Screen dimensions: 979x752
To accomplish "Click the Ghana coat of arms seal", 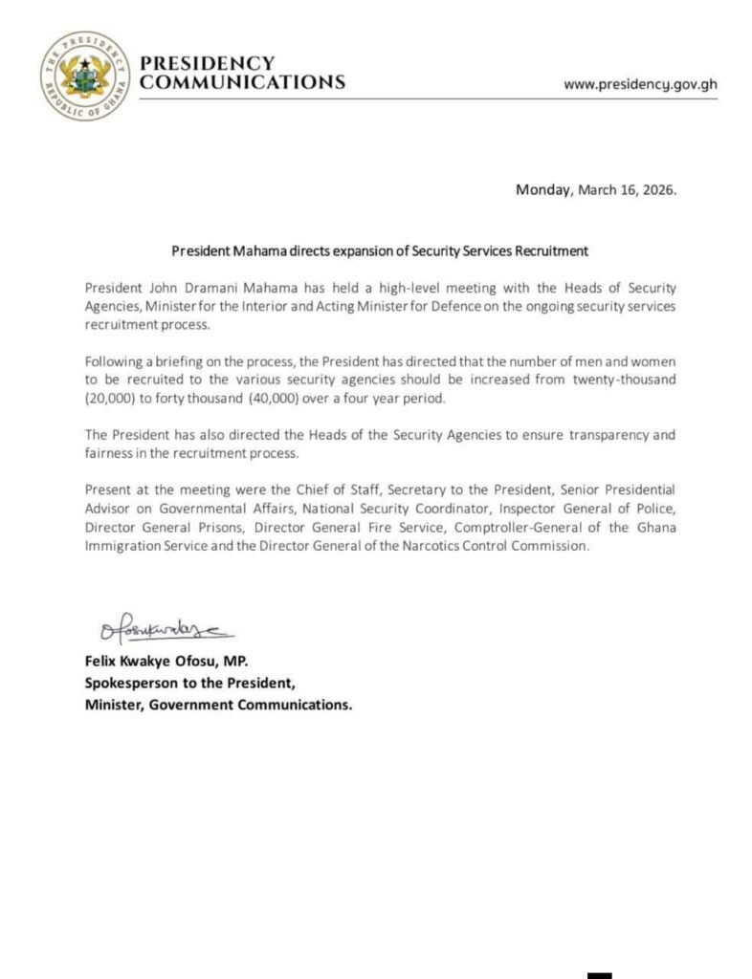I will pos(81,76).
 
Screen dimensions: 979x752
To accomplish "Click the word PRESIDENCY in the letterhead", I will pos(208,64).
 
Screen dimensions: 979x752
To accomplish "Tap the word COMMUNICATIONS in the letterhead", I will pos(242,83).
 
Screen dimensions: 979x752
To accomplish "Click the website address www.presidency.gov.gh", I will pos(640,83).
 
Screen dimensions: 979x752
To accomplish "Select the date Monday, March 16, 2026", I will pos(596,189).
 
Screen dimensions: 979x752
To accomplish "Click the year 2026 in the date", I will pos(657,189).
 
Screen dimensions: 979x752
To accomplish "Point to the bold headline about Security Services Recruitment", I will pos(379,252).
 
